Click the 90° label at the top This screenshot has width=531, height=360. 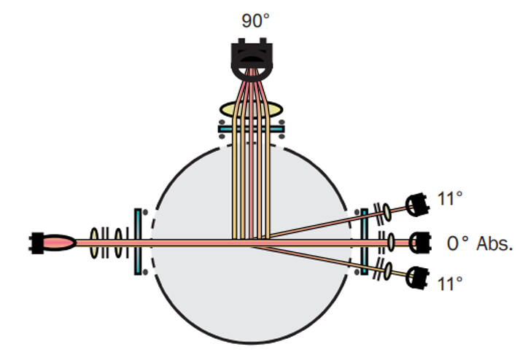256,20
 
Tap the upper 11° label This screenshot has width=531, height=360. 450,199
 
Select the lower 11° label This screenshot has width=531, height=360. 450,284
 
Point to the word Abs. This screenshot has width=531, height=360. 495,243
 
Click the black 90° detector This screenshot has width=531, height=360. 252,59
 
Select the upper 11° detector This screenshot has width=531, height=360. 418,205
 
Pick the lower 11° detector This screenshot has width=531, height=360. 418,278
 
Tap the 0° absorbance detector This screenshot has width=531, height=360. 420,243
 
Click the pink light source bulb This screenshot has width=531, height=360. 58,243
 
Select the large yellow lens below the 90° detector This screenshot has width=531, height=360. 251,109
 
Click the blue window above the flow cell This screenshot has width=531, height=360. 251,129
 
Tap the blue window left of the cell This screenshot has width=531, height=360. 138,242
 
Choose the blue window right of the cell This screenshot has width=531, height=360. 365,242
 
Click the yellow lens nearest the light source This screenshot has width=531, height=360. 94,243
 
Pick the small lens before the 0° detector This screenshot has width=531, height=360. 391,242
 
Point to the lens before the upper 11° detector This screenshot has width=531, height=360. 387,213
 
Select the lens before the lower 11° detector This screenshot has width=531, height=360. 388,271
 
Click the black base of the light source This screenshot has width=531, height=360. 36,243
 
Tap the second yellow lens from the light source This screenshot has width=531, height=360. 118,243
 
